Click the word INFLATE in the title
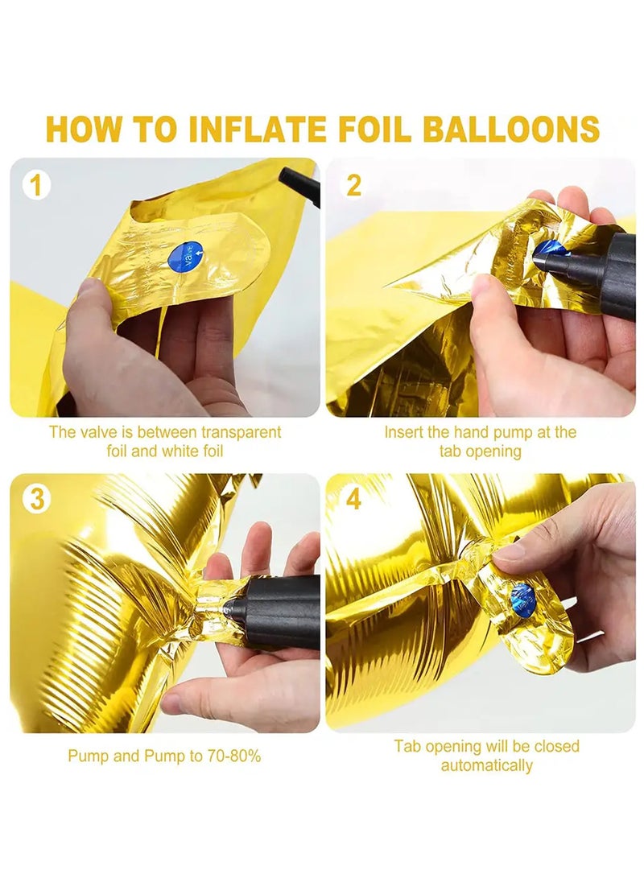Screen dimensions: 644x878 pyautogui.click(x=257, y=128)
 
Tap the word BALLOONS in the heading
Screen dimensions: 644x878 pyautogui.click(x=510, y=128)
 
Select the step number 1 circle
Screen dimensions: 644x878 pyautogui.click(x=36, y=185)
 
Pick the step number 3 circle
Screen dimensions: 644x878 pyautogui.click(x=36, y=498)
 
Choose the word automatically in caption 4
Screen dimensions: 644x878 pyautogui.click(x=487, y=765)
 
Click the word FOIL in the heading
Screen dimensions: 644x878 pyautogui.click(x=374, y=128)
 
